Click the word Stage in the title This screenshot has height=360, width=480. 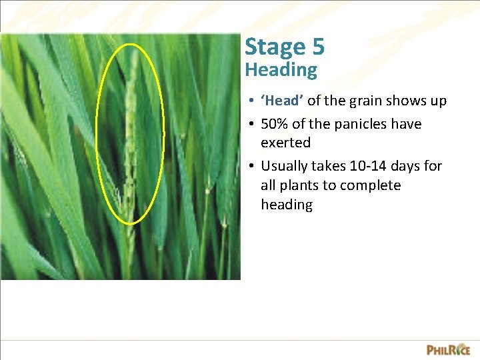click(x=274, y=47)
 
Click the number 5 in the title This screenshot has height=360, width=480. click(x=317, y=47)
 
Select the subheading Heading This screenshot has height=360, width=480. click(x=281, y=69)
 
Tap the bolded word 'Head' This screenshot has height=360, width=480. click(x=283, y=101)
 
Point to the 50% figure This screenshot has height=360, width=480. click(x=275, y=124)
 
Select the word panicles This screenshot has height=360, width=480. click(x=366, y=124)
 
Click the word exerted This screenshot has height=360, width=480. click(x=285, y=143)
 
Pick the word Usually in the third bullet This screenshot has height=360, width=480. click(x=285, y=166)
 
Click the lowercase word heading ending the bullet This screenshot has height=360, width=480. click(x=287, y=205)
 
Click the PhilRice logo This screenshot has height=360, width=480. click(x=448, y=349)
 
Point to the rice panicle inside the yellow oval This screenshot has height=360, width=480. click(x=131, y=133)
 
